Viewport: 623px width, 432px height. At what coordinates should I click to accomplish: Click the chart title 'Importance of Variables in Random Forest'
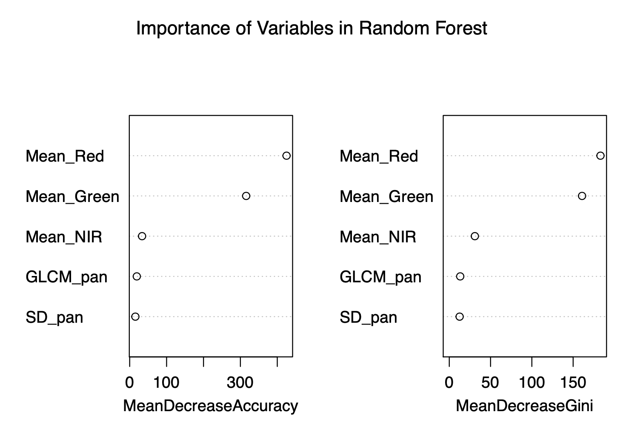click(311, 29)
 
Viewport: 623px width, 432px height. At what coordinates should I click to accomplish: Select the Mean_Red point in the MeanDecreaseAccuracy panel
click(286, 156)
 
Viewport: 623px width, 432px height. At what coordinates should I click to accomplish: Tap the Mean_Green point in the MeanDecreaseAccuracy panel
click(246, 196)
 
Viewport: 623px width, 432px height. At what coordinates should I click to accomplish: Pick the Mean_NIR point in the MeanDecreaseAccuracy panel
click(142, 236)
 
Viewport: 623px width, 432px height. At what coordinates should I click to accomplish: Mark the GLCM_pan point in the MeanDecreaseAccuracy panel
click(137, 276)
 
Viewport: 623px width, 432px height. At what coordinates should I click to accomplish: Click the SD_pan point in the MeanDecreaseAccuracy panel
click(135, 316)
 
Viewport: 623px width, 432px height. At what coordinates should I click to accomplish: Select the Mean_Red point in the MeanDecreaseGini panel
click(600, 156)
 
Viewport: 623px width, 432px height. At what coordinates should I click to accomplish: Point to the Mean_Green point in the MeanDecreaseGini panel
click(582, 196)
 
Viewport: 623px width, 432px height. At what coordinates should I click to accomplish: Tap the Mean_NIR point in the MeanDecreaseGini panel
click(475, 236)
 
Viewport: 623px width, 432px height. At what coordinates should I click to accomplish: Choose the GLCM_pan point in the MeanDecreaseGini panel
click(460, 276)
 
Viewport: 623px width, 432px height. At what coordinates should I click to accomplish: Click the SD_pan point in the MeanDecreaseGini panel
click(460, 316)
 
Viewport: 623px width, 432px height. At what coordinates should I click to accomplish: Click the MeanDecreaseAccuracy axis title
click(211, 406)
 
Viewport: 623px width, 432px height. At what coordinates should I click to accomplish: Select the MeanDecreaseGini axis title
click(524, 406)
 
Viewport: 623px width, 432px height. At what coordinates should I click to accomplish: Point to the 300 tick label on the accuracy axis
click(240, 383)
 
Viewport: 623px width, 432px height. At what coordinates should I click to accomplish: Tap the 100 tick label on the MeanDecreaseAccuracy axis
click(166, 383)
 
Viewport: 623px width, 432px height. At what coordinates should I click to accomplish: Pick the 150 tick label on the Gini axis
click(573, 383)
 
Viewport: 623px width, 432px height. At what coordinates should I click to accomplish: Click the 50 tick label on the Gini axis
click(490, 383)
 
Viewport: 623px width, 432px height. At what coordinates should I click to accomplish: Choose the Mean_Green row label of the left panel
click(72, 197)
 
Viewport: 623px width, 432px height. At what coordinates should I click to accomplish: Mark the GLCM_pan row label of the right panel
click(380, 277)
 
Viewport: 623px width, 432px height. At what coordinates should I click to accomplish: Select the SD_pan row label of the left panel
click(54, 318)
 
